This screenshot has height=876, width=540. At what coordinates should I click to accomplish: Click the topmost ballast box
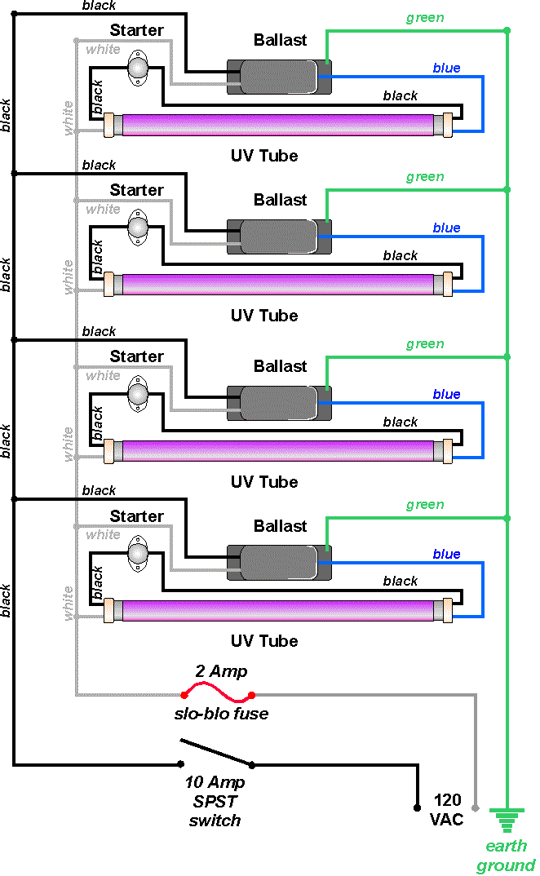point(279,77)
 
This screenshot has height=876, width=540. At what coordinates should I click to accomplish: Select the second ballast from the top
point(279,237)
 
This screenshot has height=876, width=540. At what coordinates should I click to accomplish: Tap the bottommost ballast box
point(279,564)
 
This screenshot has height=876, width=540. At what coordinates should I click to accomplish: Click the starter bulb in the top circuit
point(138,64)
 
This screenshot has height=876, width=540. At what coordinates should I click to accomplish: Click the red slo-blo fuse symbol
point(217,695)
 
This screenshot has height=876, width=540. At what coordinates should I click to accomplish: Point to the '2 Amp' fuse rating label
point(221,672)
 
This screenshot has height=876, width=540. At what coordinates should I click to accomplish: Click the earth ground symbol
point(507,819)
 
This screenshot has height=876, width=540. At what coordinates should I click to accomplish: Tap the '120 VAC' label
point(448,809)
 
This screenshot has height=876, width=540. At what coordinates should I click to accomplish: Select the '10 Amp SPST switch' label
point(215,802)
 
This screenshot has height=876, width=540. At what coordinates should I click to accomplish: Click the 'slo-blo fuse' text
point(221,715)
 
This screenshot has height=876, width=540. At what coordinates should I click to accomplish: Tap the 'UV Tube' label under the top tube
point(263,156)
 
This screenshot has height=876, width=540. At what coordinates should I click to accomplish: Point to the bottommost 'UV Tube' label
point(263,641)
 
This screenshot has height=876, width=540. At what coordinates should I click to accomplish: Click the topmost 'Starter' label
point(136,31)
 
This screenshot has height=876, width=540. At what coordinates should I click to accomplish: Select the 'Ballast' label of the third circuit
point(280,366)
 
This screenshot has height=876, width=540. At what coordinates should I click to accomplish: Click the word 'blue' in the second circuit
point(446,228)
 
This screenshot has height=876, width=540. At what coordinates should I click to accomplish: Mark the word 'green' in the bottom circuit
point(425,505)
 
